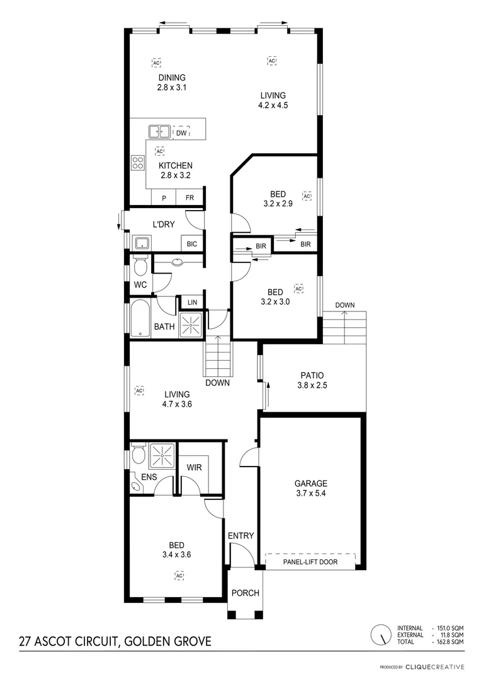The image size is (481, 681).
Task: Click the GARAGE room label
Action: click(x=311, y=484)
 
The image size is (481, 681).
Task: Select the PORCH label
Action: click(x=245, y=593)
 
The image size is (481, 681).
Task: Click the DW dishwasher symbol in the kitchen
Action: click(x=181, y=132)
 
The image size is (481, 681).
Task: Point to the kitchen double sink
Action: click(x=159, y=132)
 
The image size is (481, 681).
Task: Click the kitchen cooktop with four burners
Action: click(x=138, y=163)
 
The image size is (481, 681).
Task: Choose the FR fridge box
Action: click(x=190, y=197)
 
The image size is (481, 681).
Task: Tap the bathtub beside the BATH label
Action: click(x=138, y=319)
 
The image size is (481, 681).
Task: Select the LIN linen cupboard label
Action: click(x=192, y=303)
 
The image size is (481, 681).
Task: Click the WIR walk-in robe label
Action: click(x=193, y=468)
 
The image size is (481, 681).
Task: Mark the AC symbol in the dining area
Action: click(x=156, y=63)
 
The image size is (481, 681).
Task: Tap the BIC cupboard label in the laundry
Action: click(x=192, y=243)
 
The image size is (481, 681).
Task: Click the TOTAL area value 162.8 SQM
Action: click(x=450, y=641)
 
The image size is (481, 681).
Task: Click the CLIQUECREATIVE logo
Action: click(x=434, y=666)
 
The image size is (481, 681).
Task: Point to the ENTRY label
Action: click(x=241, y=536)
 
